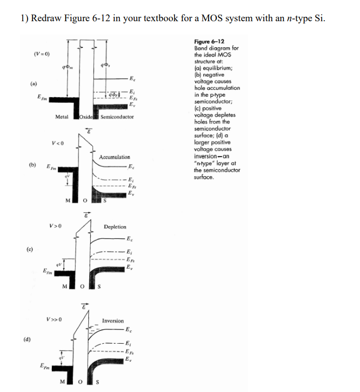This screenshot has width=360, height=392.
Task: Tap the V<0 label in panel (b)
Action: [57, 144]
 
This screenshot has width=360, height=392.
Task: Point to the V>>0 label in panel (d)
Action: [54, 319]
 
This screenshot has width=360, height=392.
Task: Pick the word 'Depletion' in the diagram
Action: [115, 227]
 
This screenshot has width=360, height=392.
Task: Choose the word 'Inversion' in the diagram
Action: [113, 321]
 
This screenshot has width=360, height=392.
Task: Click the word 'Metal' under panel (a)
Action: [62, 117]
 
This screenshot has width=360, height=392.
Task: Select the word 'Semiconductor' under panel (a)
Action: [117, 117]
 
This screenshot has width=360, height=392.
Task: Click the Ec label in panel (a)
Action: [133, 78]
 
